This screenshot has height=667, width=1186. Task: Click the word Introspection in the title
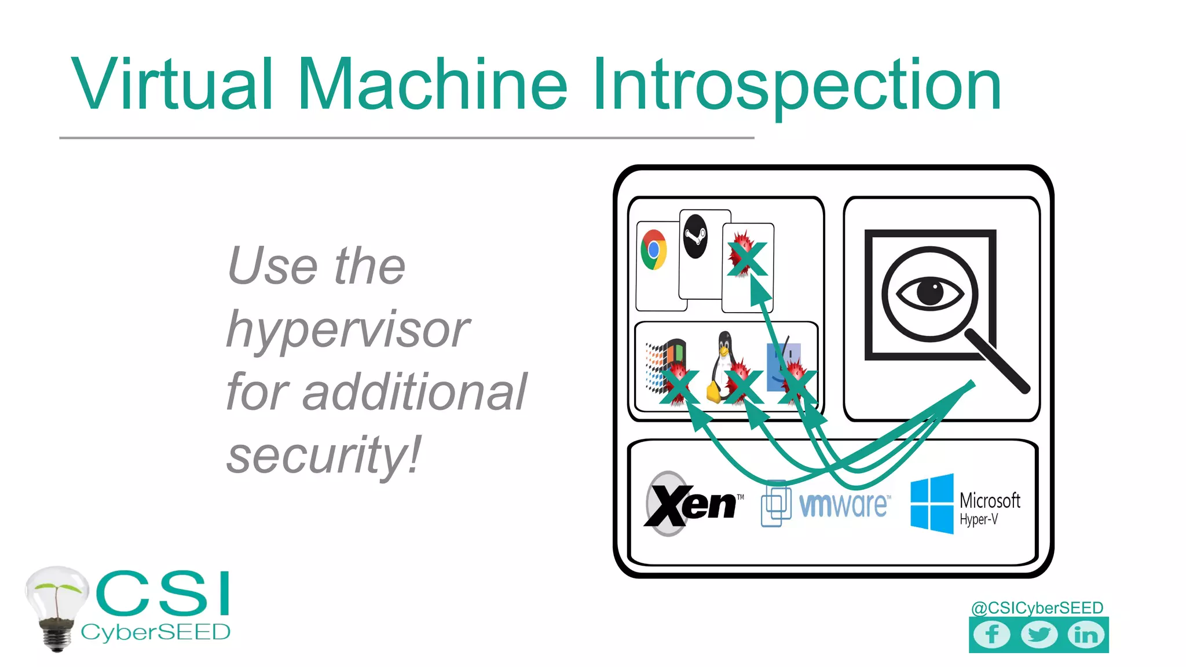[796, 85]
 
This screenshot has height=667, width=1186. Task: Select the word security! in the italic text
[324, 455]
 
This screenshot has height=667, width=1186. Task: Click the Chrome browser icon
[654, 250]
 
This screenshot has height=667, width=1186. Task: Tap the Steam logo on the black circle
[695, 236]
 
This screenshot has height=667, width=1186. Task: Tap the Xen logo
[692, 504]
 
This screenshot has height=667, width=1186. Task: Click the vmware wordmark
[844, 504]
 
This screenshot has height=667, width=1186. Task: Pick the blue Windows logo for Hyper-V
[932, 503]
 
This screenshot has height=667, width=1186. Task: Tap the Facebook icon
[992, 635]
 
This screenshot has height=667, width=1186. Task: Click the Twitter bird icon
[1039, 635]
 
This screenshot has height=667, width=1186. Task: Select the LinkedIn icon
[1086, 635]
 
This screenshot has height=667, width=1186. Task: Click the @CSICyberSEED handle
[1037, 607]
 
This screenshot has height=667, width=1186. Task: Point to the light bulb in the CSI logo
[56, 605]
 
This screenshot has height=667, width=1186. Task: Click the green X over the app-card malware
[747, 259]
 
